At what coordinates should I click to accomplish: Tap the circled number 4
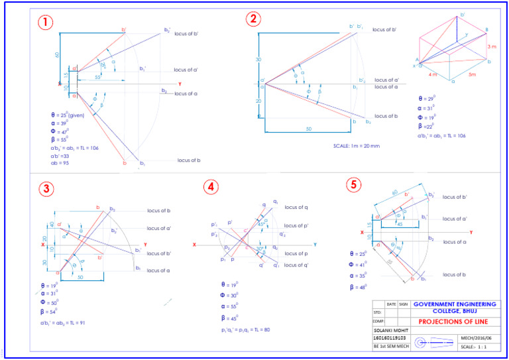211,187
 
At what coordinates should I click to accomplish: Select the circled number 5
355,184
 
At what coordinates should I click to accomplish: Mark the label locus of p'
296,226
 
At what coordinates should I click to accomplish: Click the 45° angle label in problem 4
262,224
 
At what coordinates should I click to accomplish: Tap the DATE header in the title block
391,304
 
